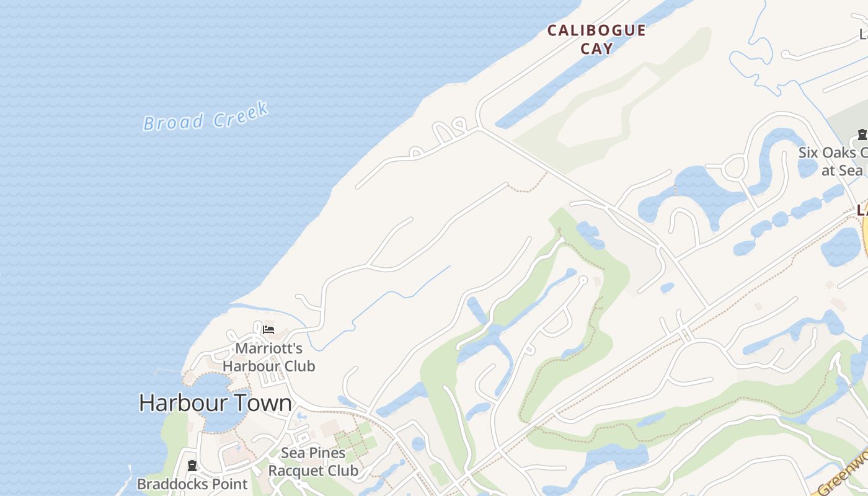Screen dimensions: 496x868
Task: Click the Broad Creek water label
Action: [x=206, y=117]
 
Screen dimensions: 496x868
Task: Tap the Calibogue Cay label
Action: [x=596, y=39]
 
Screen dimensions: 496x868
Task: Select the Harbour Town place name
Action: [x=215, y=403]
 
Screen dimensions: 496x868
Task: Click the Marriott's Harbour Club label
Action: [x=268, y=357]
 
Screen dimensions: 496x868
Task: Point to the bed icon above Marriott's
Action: [x=268, y=329]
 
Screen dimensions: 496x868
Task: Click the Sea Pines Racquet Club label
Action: [x=313, y=462]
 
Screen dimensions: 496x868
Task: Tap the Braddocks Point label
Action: [x=192, y=484]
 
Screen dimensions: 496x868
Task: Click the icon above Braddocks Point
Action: [x=192, y=466]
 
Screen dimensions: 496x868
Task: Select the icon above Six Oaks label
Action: [x=862, y=134]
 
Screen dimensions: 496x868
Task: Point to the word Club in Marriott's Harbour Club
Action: [x=295, y=366]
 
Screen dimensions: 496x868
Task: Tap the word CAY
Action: [x=596, y=48]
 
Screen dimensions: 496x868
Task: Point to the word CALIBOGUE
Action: [x=596, y=30]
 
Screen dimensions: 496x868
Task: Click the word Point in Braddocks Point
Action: [x=230, y=484]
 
